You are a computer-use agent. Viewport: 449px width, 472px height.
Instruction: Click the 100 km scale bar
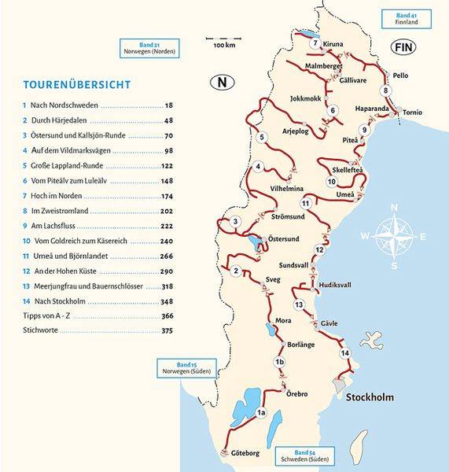[x=224, y=39]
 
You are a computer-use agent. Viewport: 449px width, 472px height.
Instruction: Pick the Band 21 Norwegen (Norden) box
[x=148, y=47]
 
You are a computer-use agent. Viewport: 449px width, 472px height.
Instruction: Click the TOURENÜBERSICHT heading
[x=77, y=84]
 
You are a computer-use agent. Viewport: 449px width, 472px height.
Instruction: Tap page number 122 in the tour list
[x=166, y=166]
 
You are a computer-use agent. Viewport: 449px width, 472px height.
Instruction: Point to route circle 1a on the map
[x=262, y=412]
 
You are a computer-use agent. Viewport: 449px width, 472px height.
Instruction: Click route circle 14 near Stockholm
[x=344, y=353]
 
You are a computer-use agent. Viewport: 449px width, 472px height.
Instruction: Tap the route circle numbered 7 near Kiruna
[x=315, y=42]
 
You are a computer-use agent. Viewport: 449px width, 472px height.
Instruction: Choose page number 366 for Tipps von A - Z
[x=166, y=315]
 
